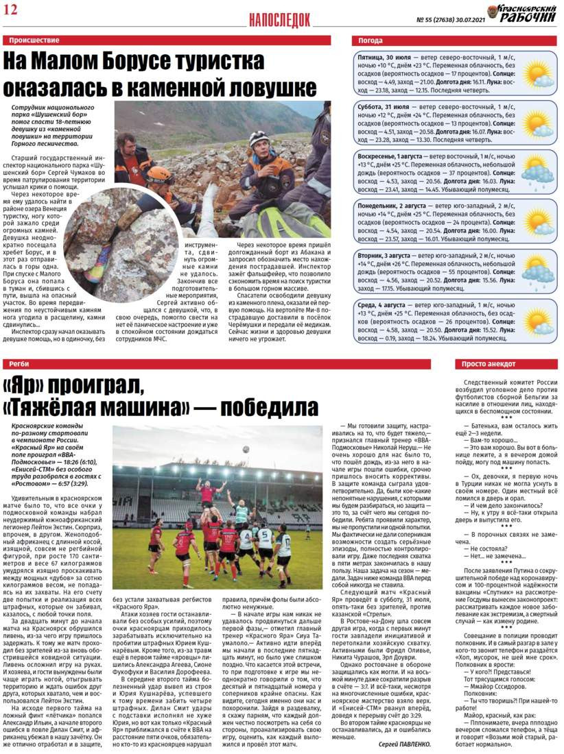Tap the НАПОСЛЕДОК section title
(x=279, y=20)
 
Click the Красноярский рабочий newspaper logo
(x=521, y=13)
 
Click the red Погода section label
(x=371, y=40)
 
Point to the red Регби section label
(x=19, y=364)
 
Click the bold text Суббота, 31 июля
(x=384, y=108)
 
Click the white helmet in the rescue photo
(x=259, y=138)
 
